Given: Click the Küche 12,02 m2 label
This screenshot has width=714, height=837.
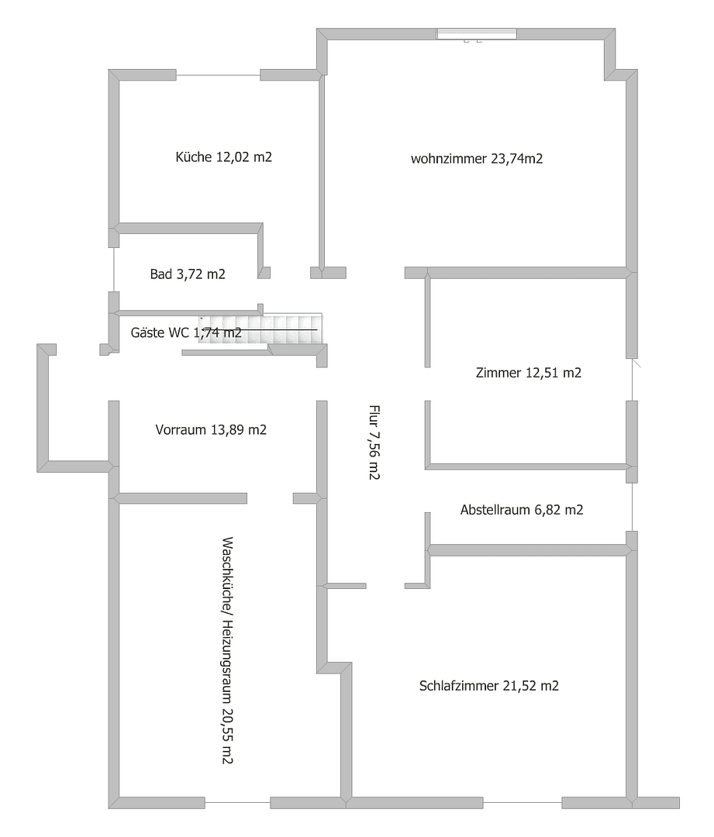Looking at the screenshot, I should click(x=224, y=157).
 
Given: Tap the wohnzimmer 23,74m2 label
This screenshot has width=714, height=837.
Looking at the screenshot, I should click(x=476, y=160).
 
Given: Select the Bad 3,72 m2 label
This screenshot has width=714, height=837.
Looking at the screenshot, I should click(x=188, y=274).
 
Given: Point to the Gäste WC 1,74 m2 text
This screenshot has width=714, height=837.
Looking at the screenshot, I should click(x=187, y=333).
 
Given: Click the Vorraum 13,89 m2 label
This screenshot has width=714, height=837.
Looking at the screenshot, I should click(x=211, y=430).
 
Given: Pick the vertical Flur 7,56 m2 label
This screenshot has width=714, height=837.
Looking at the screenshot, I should click(x=374, y=443).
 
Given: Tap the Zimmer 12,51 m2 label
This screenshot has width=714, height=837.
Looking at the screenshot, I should click(x=528, y=373).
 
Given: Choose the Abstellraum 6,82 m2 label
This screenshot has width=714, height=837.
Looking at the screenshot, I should click(x=521, y=510).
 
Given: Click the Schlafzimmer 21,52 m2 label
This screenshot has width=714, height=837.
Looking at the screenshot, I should click(x=489, y=686).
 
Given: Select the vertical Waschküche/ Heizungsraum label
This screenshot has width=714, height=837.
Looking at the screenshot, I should click(x=227, y=649).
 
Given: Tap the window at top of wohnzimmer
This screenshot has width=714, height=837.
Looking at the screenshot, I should click(x=476, y=33).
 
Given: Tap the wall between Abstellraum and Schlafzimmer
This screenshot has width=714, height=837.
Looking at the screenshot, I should click(x=527, y=549).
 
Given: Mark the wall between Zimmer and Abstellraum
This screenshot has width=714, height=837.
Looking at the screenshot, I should click(x=527, y=466).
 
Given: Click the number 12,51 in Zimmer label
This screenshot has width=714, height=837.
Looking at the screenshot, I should click(x=543, y=373).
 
